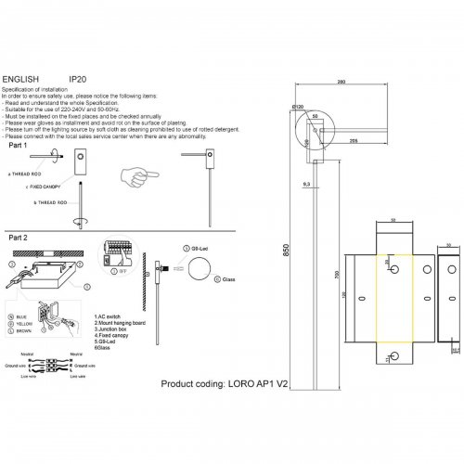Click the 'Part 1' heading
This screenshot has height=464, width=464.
19,147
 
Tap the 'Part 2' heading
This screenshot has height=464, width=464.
19,238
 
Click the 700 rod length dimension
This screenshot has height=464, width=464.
338,276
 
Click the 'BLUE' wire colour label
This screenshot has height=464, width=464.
21,317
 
